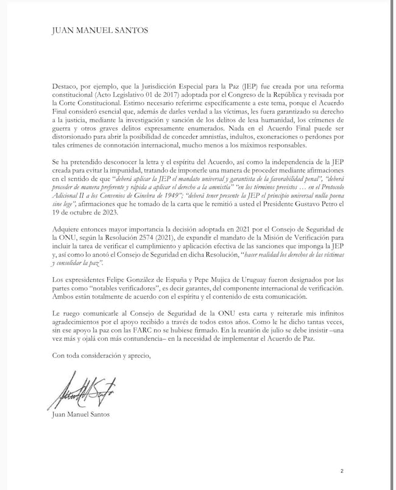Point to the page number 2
pyautogui.click(x=342, y=470)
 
